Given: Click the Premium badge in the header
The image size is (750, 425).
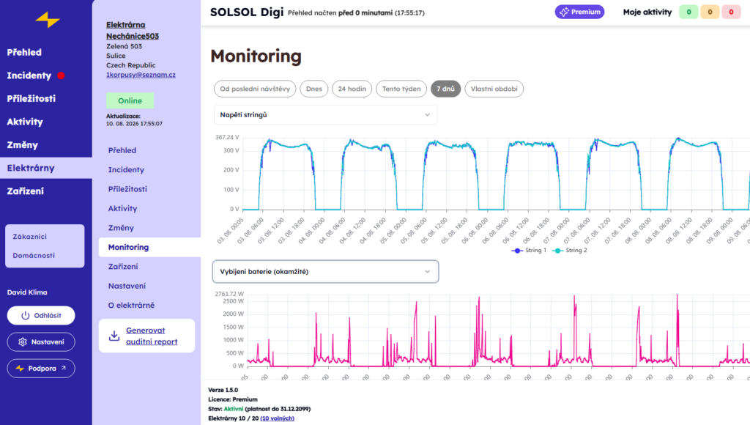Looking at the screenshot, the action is click(x=579, y=12).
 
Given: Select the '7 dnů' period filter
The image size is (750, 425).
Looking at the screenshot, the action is click(x=445, y=89).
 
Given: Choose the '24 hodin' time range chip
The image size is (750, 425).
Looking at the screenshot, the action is click(x=352, y=89).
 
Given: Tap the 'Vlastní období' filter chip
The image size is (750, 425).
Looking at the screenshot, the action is click(x=494, y=89).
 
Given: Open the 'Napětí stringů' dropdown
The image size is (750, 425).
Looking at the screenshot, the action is click(x=325, y=115).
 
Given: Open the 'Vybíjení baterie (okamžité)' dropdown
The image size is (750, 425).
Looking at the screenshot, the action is click(x=325, y=271).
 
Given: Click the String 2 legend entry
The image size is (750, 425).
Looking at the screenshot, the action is click(x=570, y=251).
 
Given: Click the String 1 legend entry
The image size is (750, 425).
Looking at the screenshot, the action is click(x=529, y=251).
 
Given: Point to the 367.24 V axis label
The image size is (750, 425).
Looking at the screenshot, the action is click(x=227, y=137).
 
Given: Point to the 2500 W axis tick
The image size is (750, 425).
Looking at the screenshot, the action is click(x=234, y=301).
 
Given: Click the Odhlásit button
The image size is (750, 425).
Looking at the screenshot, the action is click(x=41, y=315).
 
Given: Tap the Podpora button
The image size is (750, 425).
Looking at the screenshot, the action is click(x=41, y=369).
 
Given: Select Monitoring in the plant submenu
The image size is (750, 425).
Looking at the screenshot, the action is click(x=128, y=247).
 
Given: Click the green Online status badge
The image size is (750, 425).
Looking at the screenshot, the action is click(x=130, y=100).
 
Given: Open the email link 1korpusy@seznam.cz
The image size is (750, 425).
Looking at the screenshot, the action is click(x=141, y=75).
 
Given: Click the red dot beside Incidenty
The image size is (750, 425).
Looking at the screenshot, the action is click(x=61, y=75).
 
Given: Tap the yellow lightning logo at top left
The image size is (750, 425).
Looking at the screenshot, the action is click(x=48, y=20).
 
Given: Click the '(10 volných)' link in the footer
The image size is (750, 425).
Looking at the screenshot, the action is click(x=278, y=418).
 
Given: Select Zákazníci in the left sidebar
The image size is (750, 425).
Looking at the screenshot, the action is click(x=29, y=237).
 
